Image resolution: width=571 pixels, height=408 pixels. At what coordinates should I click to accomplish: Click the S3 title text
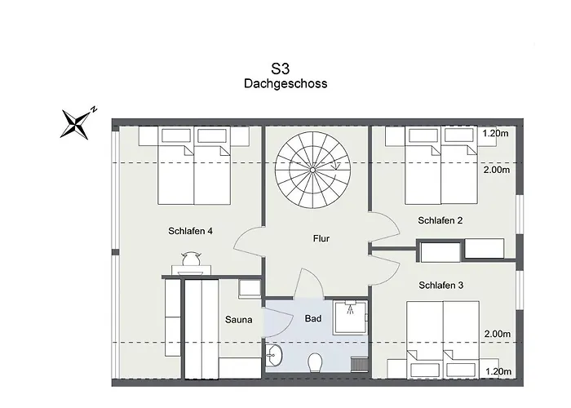(x=280, y=69)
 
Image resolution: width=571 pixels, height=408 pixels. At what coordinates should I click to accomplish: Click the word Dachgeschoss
(x=285, y=83)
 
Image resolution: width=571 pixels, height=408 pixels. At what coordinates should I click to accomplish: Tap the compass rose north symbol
(x=77, y=123)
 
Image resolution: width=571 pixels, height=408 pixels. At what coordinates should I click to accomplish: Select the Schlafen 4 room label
(x=190, y=231)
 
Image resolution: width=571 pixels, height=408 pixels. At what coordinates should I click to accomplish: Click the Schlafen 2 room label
(x=440, y=220)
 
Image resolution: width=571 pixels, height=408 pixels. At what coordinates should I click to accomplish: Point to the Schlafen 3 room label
(x=441, y=286)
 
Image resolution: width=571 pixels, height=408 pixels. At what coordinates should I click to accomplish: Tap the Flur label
(x=321, y=238)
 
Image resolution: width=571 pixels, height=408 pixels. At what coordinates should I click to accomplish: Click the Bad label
(x=313, y=319)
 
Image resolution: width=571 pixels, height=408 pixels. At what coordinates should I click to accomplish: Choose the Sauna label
(x=238, y=320)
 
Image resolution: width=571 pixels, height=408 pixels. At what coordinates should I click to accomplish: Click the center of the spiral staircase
(x=312, y=170)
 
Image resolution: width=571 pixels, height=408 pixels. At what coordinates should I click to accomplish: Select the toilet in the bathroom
(x=314, y=363)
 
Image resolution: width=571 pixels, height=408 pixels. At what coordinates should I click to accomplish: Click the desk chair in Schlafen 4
(x=191, y=259)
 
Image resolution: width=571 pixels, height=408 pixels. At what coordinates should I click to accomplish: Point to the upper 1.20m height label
(x=495, y=133)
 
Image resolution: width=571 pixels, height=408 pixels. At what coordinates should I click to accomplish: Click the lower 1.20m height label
(x=498, y=371)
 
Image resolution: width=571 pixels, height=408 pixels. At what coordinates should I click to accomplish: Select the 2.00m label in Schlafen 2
(x=497, y=170)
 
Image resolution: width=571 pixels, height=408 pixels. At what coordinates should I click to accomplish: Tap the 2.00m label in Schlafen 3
(x=498, y=334)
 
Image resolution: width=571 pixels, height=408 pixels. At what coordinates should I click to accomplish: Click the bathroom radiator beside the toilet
(x=360, y=365)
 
